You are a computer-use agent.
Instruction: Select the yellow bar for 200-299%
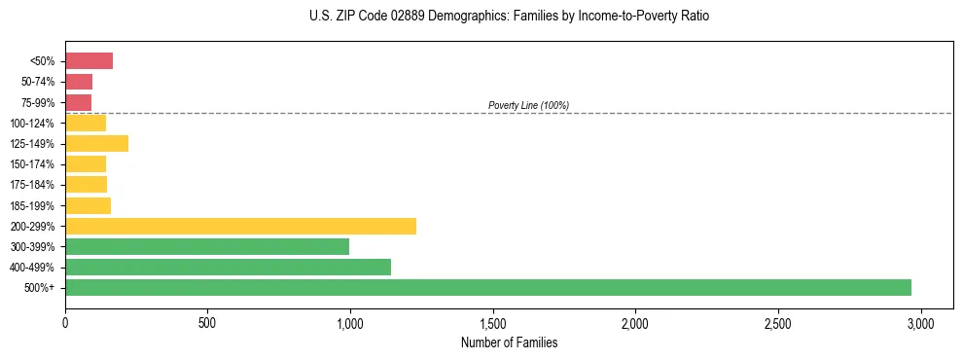(x=241, y=226)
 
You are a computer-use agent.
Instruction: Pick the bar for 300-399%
(x=207, y=246)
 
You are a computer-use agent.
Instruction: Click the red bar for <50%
(x=89, y=61)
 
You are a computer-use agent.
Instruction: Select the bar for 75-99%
(x=79, y=102)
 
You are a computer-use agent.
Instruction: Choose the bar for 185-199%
(x=89, y=205)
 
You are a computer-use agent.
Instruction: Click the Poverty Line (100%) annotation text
(x=528, y=105)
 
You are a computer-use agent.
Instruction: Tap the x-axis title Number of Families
(x=509, y=342)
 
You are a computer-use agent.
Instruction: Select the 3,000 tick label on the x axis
(x=921, y=322)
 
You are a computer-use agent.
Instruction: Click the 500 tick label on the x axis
(x=207, y=322)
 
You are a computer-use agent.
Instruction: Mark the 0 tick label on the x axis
(x=65, y=322)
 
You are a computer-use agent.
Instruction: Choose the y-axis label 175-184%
(x=33, y=185)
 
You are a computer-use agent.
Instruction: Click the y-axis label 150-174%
(x=33, y=164)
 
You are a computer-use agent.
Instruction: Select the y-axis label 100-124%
(x=33, y=124)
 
